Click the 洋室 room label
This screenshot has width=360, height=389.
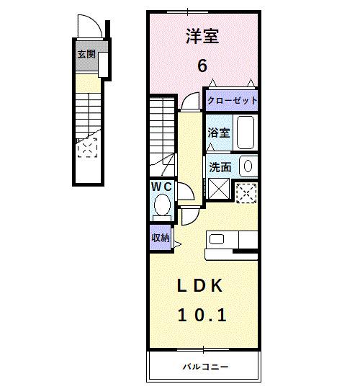202,36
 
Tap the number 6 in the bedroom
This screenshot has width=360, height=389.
202,65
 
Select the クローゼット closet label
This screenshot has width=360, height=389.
232,101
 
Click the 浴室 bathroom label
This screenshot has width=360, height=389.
218,133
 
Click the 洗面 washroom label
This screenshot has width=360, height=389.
220,166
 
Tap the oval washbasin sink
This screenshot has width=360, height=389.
247,166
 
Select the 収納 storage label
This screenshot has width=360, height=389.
160,237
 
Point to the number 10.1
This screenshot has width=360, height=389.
202,315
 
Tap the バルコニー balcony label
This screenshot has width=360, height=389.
204,367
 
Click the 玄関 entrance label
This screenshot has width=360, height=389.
86,53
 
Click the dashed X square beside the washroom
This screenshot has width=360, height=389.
247,192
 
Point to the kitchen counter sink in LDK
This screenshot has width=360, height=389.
218,238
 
